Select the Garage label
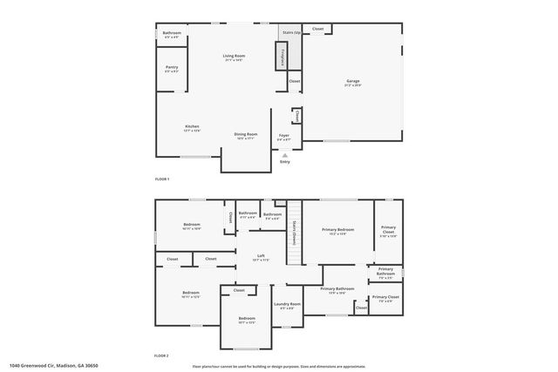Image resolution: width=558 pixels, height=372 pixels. (x=353, y=81)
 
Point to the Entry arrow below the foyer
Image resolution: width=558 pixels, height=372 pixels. (x=284, y=155)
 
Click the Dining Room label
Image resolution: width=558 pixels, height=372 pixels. (x=245, y=134)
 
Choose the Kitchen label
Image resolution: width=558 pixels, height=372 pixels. (x=192, y=127)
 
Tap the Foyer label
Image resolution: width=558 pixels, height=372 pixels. (x=284, y=136)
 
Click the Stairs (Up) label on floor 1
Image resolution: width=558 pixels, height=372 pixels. (x=291, y=31)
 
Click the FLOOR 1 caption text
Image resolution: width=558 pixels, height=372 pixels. (x=162, y=179)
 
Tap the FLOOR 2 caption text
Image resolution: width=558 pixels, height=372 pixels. (x=162, y=356)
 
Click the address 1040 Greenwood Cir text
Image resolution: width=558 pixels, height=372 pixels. (x=54, y=366)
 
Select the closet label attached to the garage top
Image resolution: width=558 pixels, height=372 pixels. (x=318, y=29)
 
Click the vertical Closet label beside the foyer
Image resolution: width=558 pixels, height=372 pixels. (x=296, y=116)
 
